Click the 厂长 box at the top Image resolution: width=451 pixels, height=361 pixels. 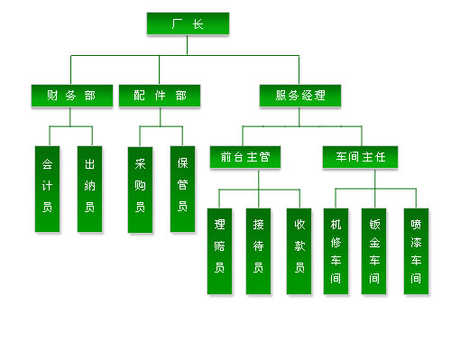click(188, 23)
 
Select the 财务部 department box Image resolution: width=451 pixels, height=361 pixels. click(72, 96)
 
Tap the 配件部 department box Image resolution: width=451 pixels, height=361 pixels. click(160, 96)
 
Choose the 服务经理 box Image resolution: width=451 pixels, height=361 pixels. click(300, 96)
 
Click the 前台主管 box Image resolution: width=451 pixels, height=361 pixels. click(245, 157)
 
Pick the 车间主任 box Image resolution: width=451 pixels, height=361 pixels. click(360, 157)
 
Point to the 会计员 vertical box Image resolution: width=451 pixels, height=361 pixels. click(47, 189)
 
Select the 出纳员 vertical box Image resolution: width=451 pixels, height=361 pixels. click(89, 189)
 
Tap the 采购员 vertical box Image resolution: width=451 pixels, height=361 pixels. click(140, 190)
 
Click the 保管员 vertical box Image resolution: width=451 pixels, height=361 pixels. click(182, 189)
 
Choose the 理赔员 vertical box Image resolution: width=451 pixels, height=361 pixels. click(219, 251)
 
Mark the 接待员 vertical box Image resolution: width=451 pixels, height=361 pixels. click(258, 251)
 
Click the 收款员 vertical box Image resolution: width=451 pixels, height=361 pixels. click(299, 251)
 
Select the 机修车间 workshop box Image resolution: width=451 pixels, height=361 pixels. click(336, 251)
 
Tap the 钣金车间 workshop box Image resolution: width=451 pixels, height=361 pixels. click(373, 251)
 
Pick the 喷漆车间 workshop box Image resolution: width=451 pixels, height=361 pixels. click(416, 251)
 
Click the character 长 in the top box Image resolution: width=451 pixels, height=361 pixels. click(198, 23)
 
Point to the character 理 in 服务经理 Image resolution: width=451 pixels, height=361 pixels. click(319, 96)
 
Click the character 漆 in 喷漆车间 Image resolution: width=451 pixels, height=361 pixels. click(416, 243)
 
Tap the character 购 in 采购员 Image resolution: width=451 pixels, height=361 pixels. click(140, 186)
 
